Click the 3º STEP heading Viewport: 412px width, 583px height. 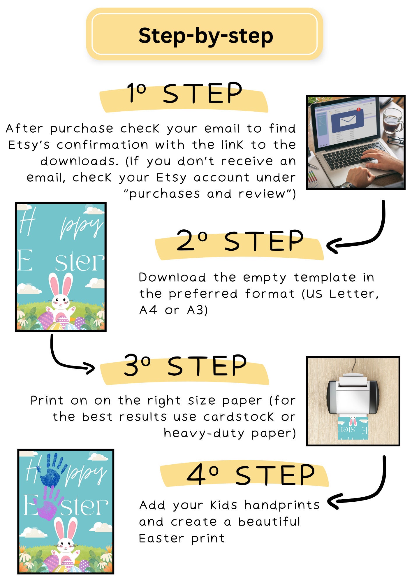click(x=185, y=366)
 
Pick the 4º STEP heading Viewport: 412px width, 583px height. click(x=251, y=475)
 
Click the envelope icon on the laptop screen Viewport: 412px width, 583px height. click(x=348, y=120)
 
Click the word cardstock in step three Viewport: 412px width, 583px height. click(x=239, y=417)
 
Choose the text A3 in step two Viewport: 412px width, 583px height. click(x=197, y=310)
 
